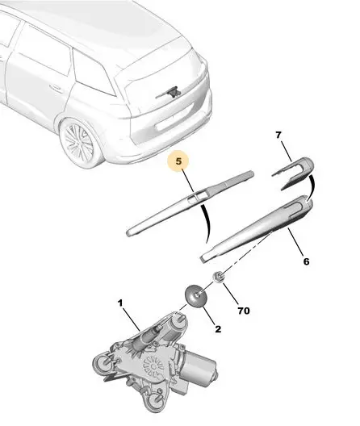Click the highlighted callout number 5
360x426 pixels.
178,161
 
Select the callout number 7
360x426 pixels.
278,135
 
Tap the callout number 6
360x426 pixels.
306,261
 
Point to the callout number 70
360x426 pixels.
244,311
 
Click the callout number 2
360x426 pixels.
218,329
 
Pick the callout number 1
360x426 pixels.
120,303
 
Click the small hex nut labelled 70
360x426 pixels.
218,277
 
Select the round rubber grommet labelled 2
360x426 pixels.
195,295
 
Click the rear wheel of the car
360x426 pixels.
80,142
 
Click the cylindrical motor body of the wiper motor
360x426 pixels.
198,367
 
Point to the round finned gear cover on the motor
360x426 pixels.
153,367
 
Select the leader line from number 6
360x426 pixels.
295,242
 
